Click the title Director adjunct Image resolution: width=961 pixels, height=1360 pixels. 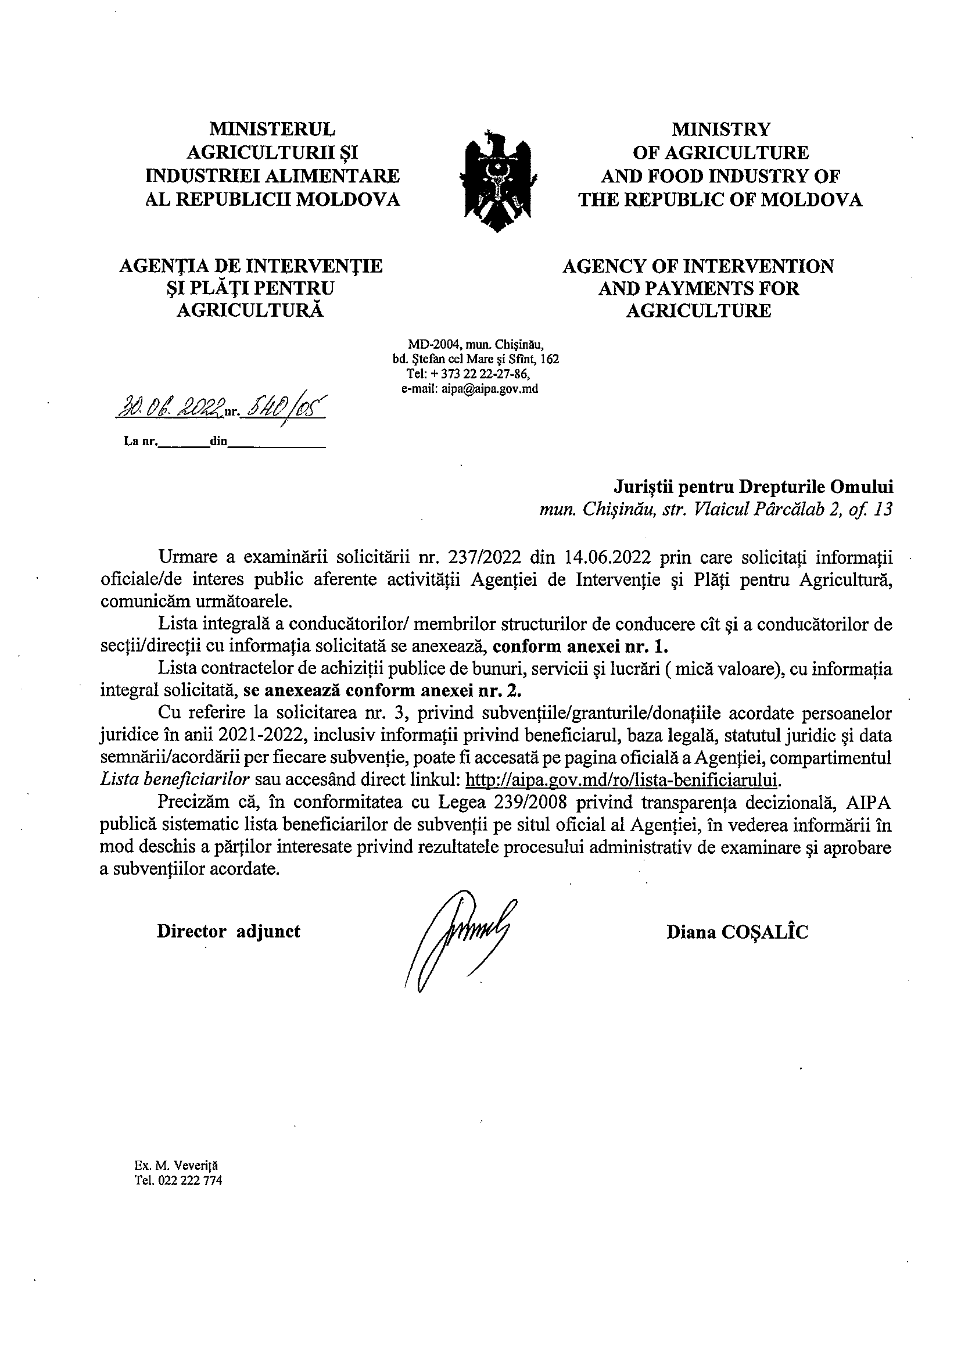click(228, 932)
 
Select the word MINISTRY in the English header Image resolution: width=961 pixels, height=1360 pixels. click(720, 129)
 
